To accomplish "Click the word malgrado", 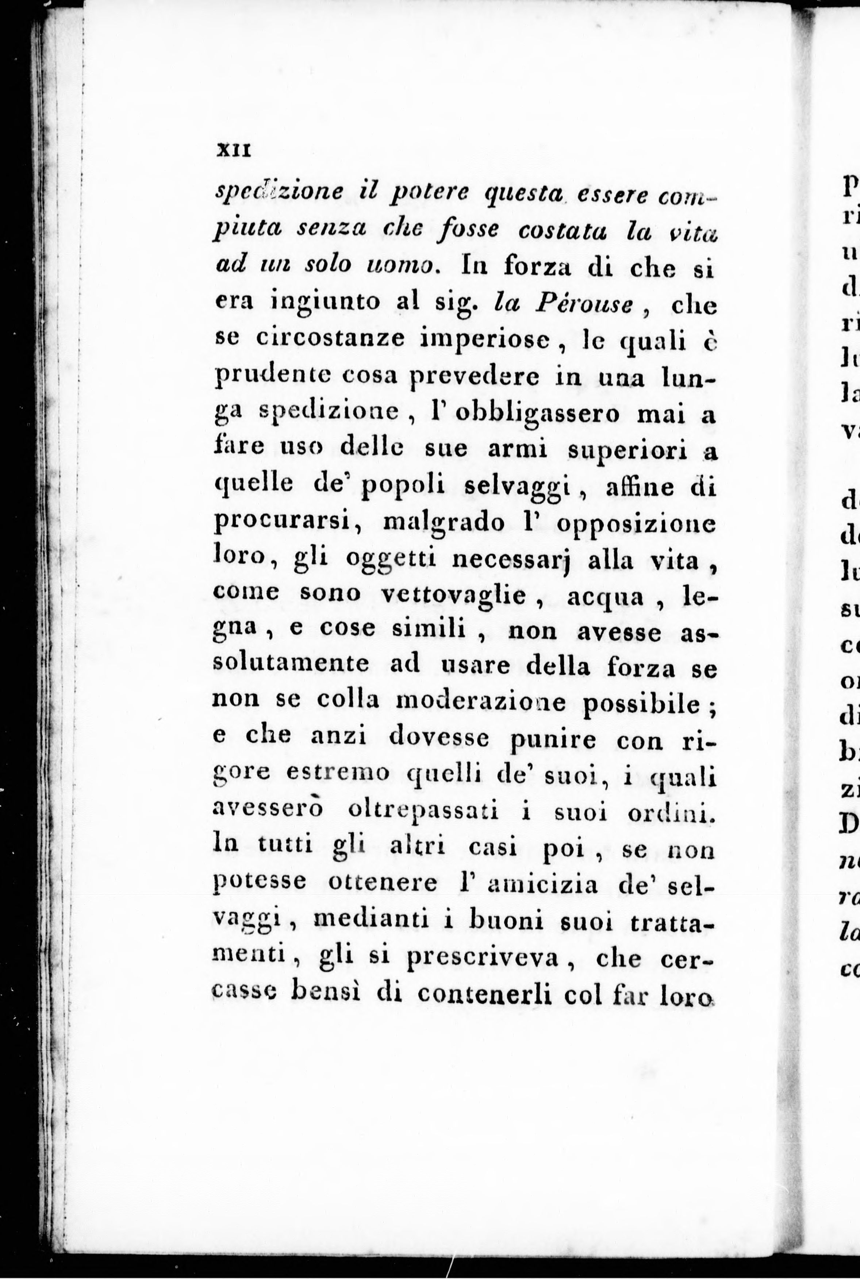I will click(x=444, y=524).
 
